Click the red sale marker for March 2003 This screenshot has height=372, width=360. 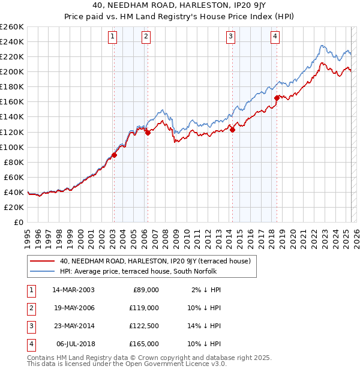click(x=114, y=155)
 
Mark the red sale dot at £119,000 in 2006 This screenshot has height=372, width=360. click(x=148, y=133)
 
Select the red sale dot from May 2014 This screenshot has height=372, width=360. click(x=232, y=130)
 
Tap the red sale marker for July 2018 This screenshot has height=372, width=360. click(x=277, y=98)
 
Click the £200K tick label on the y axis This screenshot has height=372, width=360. click(x=11, y=71)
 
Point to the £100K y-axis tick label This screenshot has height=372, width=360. click(x=11, y=147)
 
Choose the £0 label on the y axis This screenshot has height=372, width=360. click(x=17, y=222)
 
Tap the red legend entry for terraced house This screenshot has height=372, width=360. click(x=158, y=261)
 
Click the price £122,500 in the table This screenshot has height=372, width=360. click(x=145, y=326)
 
